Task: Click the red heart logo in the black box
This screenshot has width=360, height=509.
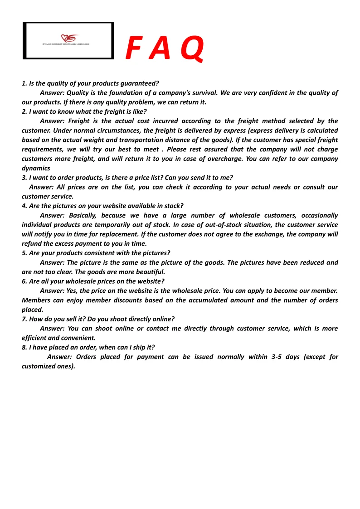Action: click(70, 39)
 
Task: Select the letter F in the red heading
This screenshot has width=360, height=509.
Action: click(133, 49)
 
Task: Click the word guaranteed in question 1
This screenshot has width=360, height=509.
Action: click(138, 83)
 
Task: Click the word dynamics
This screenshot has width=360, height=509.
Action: click(36, 168)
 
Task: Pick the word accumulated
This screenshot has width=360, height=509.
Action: click(205, 300)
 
